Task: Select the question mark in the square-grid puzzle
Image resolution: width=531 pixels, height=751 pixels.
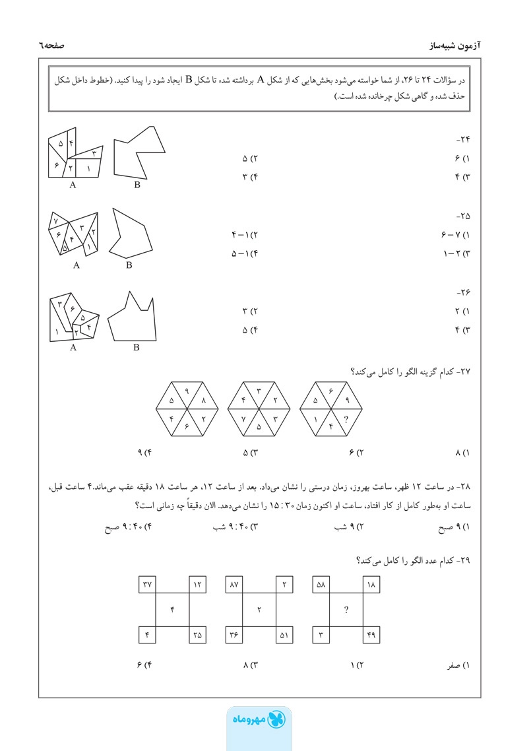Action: (346, 610)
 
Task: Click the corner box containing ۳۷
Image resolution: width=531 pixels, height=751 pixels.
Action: (147, 584)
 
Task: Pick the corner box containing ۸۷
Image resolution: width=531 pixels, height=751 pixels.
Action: (234, 584)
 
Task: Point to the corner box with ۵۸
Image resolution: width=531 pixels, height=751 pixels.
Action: (321, 584)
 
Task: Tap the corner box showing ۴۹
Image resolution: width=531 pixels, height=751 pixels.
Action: (370, 635)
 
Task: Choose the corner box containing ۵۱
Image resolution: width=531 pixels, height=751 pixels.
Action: (283, 635)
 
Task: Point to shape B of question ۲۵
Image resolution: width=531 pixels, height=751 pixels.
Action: (132, 234)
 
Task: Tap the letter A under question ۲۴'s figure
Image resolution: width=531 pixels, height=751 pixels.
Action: (73, 185)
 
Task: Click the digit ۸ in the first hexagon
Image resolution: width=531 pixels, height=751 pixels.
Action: (203, 401)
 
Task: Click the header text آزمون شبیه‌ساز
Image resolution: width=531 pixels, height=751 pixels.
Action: (454, 47)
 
